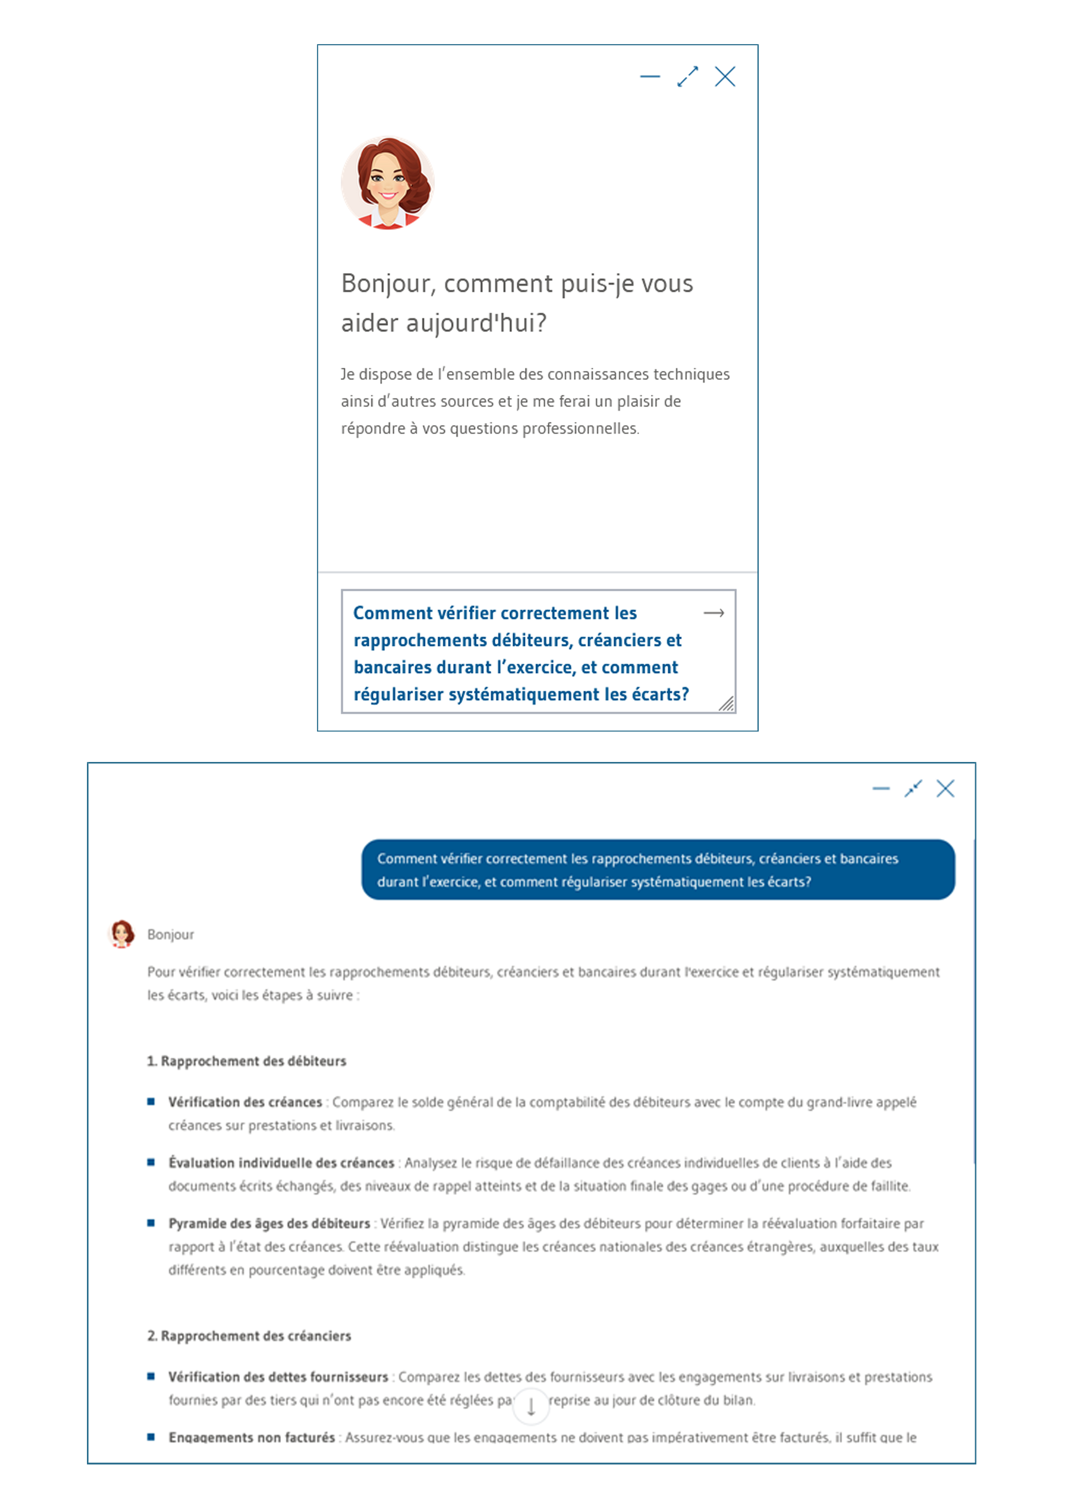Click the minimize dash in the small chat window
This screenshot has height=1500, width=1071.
point(649,77)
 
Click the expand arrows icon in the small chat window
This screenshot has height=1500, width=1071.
point(687,77)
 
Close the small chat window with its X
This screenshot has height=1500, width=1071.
point(725,77)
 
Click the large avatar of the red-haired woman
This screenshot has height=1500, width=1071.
point(388,183)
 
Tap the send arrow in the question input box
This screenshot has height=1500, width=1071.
point(714,613)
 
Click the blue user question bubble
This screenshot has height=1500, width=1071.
point(658,870)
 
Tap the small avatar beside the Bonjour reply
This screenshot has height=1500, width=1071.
point(121,933)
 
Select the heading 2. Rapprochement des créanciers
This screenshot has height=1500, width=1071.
point(248,1336)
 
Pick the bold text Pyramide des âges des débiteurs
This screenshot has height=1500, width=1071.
point(269,1223)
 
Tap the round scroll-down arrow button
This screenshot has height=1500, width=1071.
point(531,1407)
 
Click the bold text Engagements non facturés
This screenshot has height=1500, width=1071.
point(251,1437)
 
